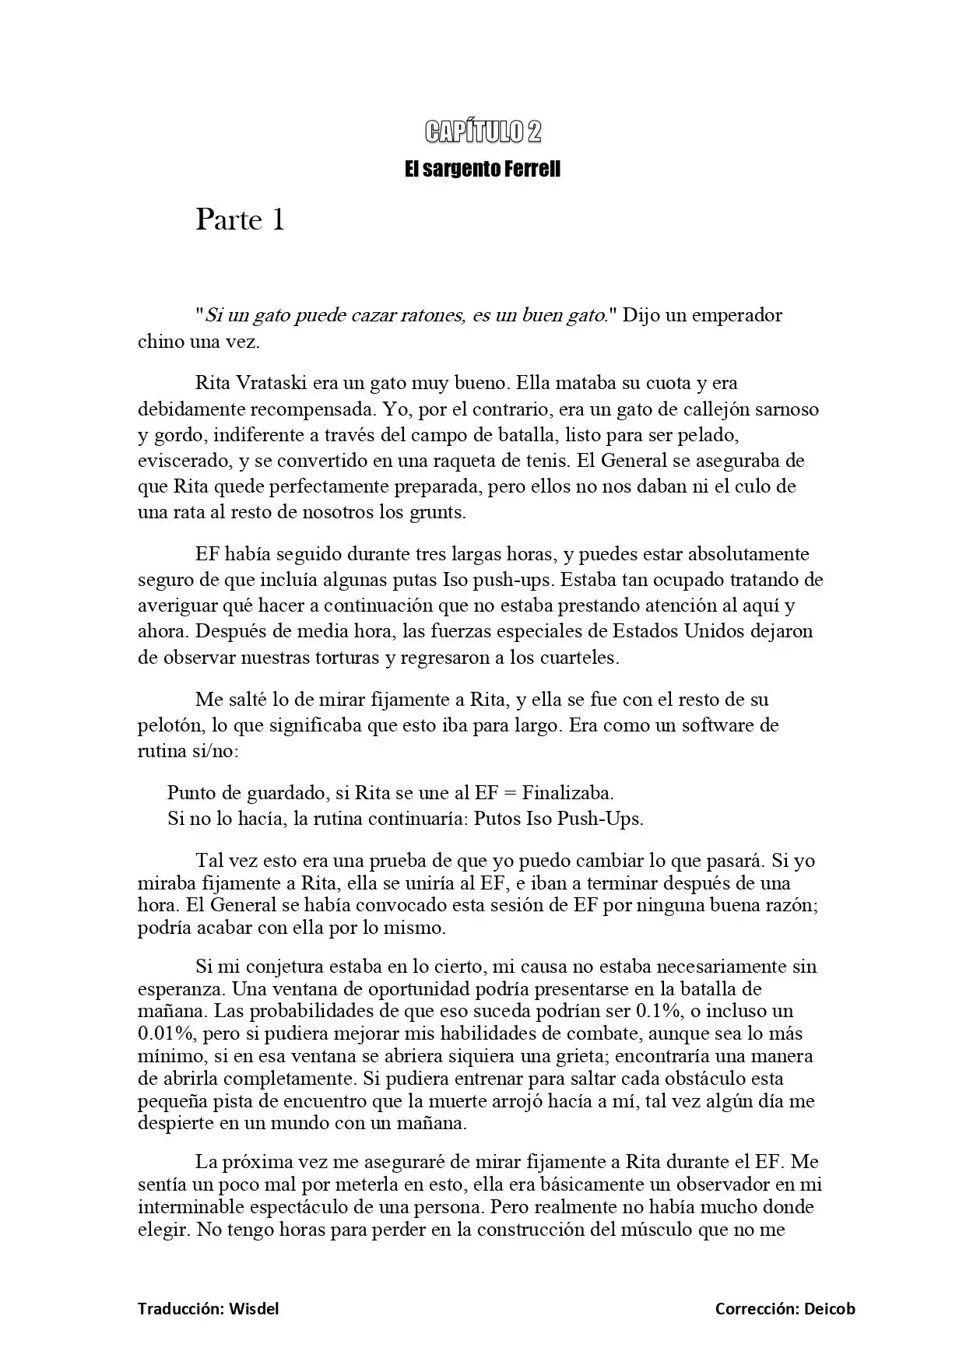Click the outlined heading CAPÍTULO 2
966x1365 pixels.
click(483, 132)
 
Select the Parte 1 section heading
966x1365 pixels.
click(240, 220)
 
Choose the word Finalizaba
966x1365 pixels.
click(567, 793)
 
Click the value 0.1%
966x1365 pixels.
click(658, 1012)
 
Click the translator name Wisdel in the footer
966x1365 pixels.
click(253, 1309)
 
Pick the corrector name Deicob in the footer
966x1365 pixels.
click(829, 1309)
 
